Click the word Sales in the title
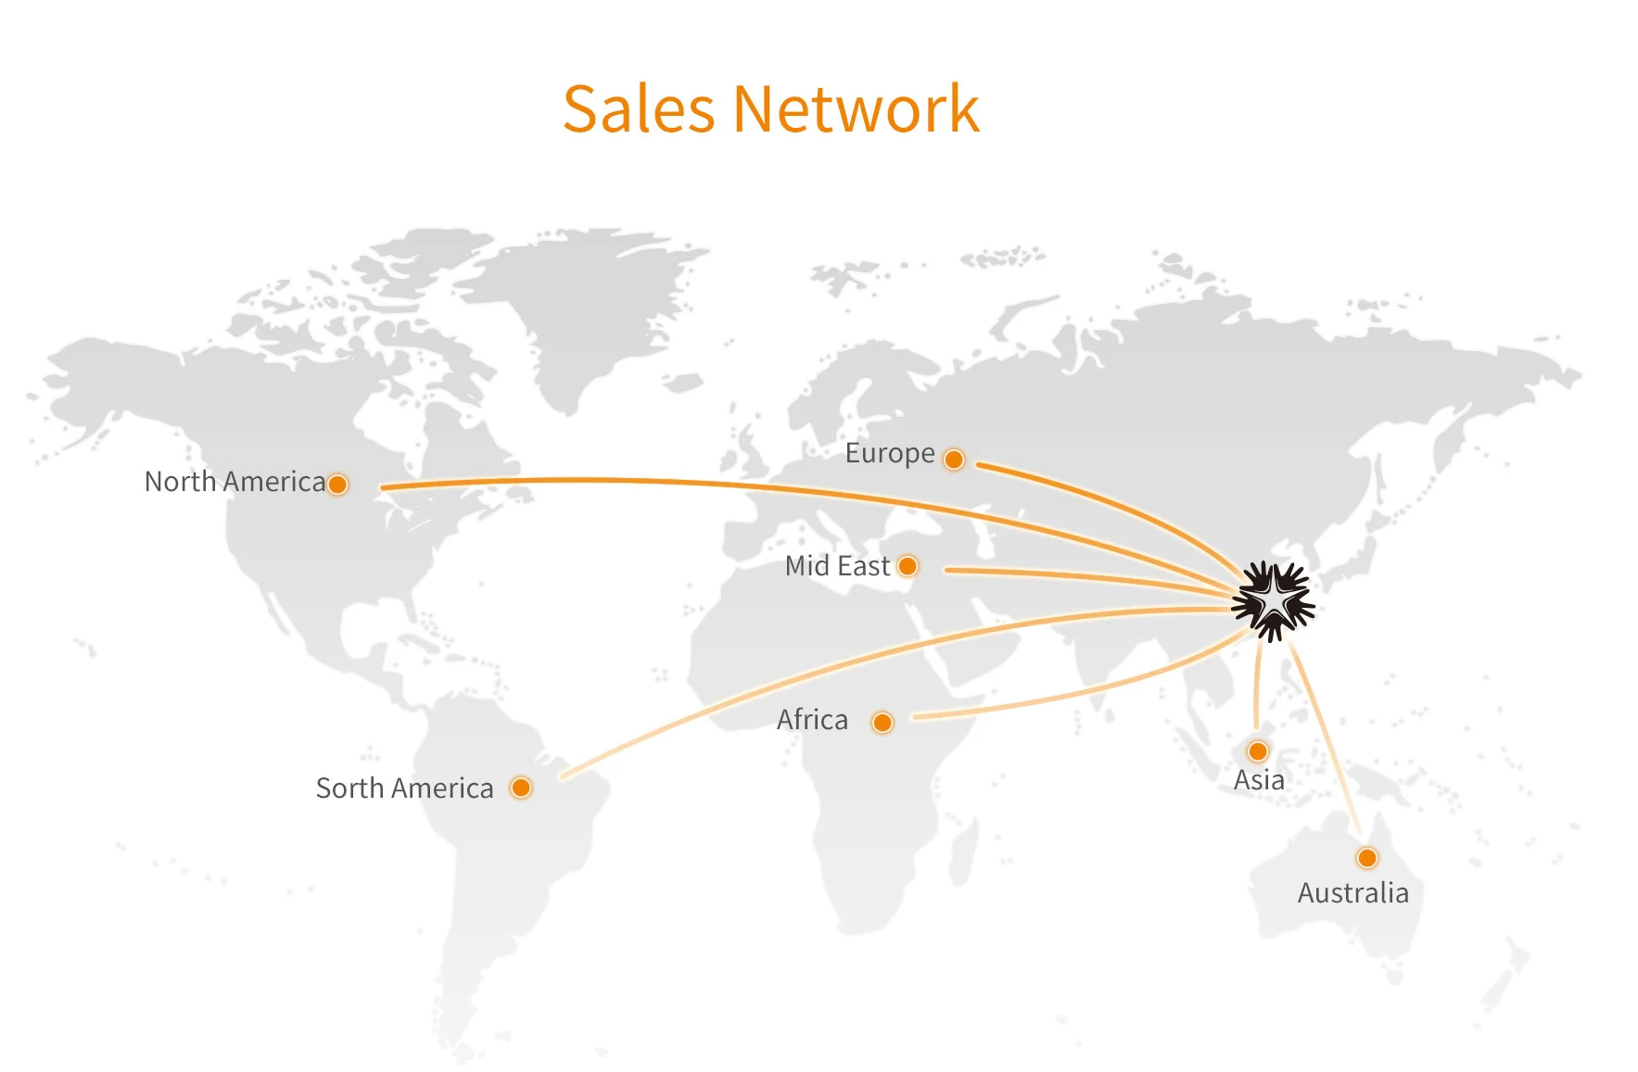coord(639,109)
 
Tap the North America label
coord(235,482)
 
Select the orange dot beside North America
coord(338,485)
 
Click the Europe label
coord(890,454)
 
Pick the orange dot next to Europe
coord(954,460)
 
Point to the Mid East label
coord(837,566)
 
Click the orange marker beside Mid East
coord(908,566)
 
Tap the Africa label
coord(812,720)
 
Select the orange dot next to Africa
coord(882,723)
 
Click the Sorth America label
coord(404,788)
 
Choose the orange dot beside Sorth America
coord(521,788)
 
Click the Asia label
coord(1259,780)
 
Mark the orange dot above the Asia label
coord(1258,750)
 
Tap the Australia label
coord(1352,893)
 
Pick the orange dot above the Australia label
coord(1367,858)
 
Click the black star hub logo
coord(1274,601)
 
